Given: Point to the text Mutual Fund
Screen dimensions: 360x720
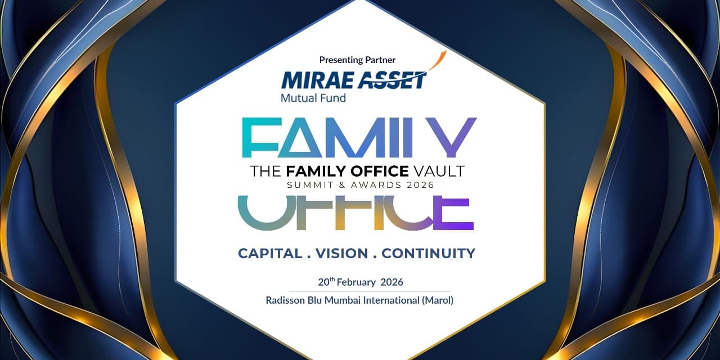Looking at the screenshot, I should (x=313, y=98).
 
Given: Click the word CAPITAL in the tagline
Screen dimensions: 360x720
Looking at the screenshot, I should (x=270, y=253).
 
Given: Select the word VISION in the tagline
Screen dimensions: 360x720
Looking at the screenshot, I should (x=341, y=253).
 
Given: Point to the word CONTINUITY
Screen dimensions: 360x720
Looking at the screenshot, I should (x=428, y=253).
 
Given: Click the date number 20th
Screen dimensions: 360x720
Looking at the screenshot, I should (x=326, y=282).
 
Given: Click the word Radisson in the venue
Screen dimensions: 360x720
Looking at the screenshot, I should (x=286, y=300).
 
